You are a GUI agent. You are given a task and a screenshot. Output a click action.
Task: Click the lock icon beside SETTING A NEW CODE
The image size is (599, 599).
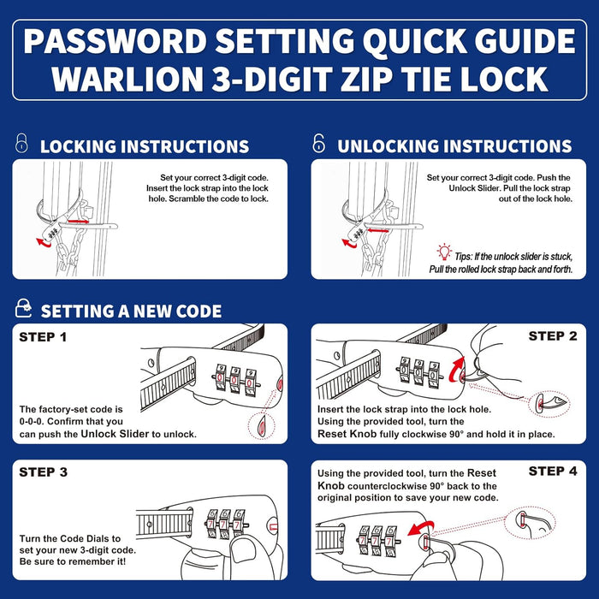point(24,309)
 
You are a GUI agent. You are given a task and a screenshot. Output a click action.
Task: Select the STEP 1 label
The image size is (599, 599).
point(43,337)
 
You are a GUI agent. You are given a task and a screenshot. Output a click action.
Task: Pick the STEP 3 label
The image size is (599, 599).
point(44,472)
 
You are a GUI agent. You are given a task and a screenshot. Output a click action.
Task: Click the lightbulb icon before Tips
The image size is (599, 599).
point(443,252)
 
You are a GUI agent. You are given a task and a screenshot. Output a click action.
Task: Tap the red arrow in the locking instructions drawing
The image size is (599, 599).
point(43,242)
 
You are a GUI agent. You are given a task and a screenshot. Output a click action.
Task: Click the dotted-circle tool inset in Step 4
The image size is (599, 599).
point(531,525)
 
